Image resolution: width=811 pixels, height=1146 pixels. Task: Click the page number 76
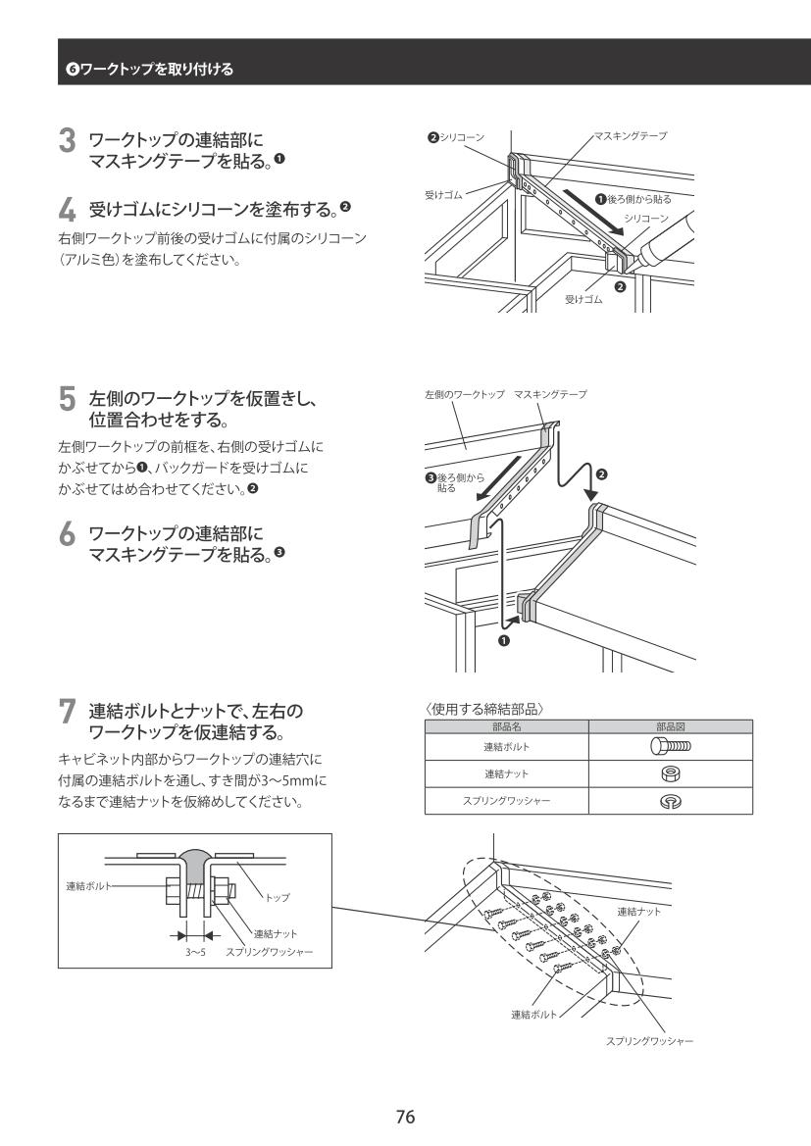click(x=405, y=1116)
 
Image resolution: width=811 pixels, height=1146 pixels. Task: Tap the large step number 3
click(x=67, y=141)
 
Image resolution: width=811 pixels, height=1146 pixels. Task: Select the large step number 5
click(x=67, y=400)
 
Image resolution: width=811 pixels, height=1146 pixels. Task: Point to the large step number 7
click(x=67, y=711)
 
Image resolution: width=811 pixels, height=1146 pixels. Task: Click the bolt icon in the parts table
click(x=671, y=746)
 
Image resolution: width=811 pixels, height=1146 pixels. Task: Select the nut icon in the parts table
click(x=671, y=773)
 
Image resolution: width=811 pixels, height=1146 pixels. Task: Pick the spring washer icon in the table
click(x=671, y=801)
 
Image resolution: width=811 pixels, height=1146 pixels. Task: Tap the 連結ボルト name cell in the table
click(x=506, y=747)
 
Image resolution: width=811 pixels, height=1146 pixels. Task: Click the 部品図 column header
click(x=671, y=726)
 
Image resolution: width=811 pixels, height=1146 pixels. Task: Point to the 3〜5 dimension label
click(x=195, y=952)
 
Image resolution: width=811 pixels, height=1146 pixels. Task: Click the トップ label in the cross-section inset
click(x=278, y=898)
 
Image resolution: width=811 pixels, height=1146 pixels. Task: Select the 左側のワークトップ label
click(x=465, y=395)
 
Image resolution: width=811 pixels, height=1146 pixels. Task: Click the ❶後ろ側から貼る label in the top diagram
click(x=633, y=199)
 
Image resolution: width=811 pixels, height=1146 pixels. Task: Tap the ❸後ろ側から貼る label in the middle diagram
click(x=455, y=482)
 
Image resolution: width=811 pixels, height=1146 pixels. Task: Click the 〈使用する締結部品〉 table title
click(x=484, y=709)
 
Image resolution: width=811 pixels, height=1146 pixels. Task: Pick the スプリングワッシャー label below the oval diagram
click(x=649, y=1041)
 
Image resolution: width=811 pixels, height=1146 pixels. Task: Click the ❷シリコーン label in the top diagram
click(x=456, y=136)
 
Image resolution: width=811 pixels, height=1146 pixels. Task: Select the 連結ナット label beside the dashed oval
click(x=638, y=912)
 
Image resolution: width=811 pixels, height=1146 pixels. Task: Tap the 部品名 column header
click(x=506, y=726)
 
